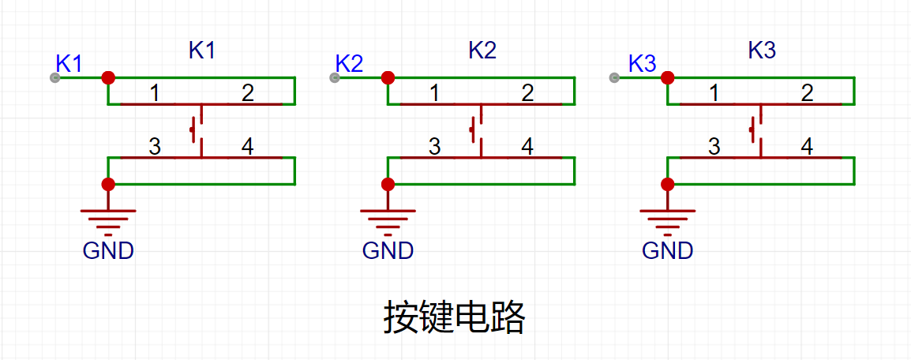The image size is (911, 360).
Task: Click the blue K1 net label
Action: pos(69,63)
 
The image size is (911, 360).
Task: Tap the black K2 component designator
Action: pos(482,51)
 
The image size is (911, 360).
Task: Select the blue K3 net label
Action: pos(643,63)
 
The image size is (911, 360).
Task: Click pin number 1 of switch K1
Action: pos(155,93)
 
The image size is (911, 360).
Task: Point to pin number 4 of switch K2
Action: pos(527,147)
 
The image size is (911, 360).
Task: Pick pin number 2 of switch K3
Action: pos(807,93)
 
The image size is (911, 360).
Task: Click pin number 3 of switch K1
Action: pos(155,147)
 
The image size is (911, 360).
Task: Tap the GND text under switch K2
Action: pos(388,250)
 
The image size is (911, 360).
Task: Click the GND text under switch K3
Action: pos(668,250)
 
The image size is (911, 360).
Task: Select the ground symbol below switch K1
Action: pos(108,218)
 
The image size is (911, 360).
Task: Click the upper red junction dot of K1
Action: pos(108,77)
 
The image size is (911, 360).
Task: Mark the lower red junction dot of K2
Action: pos(388,185)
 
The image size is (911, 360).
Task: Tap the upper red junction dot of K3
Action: pos(668,77)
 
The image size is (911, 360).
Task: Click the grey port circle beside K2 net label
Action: pos(334,77)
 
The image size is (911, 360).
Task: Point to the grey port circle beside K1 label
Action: pos(54,77)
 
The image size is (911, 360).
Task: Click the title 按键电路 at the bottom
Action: pos(455,317)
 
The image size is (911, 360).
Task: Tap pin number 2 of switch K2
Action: pos(527,93)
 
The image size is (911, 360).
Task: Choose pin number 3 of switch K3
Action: pos(714,147)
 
